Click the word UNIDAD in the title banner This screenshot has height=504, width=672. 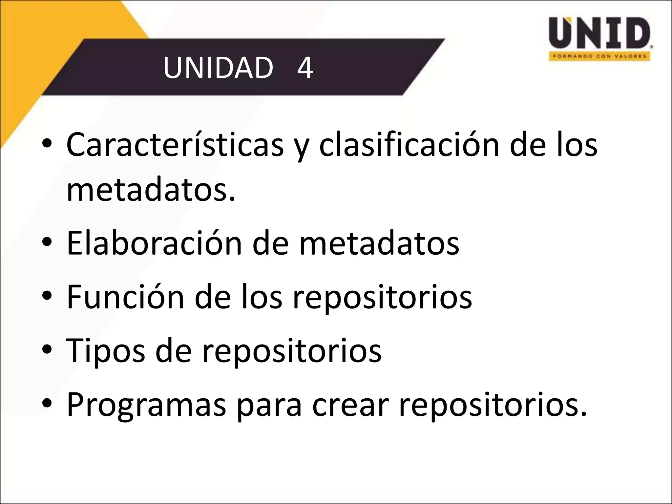[218, 68]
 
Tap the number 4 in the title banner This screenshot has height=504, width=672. [305, 68]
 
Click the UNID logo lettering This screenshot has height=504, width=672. [599, 33]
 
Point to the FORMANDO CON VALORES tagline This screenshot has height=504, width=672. [599, 56]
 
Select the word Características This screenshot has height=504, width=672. [175, 145]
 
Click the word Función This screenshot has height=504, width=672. [125, 297]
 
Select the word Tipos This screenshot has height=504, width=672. [105, 350]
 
